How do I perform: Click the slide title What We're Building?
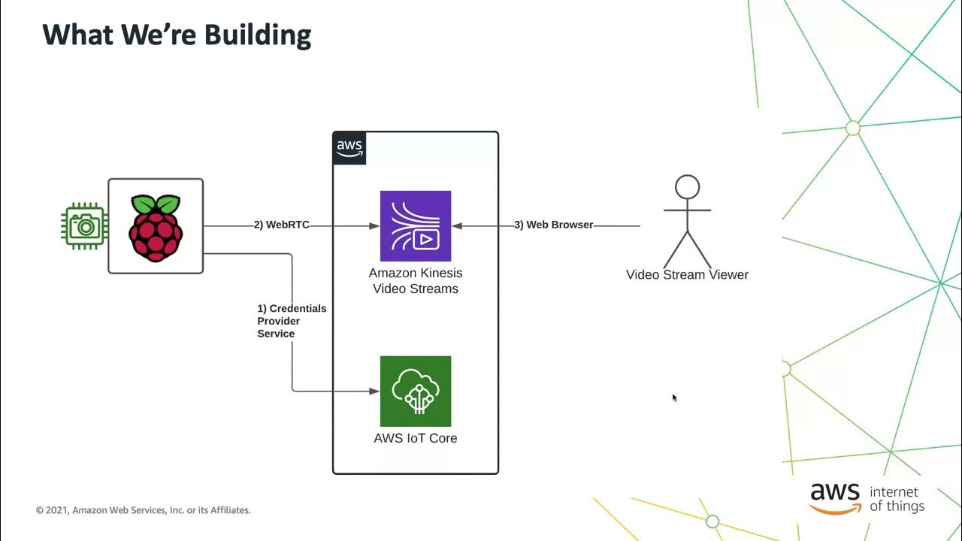click(177, 35)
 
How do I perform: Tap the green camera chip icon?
click(83, 225)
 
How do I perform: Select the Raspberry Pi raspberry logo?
click(156, 227)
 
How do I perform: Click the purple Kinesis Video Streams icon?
click(416, 225)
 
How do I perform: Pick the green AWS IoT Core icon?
click(416, 391)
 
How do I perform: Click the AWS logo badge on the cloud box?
click(349, 148)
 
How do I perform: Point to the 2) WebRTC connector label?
click(281, 225)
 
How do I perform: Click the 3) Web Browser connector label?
click(553, 225)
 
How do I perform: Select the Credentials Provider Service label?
click(292, 321)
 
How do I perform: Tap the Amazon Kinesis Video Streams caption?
click(416, 281)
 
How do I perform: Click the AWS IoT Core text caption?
click(416, 438)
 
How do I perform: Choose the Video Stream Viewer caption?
click(687, 275)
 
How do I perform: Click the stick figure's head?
click(687, 187)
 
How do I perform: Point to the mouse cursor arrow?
click(674, 397)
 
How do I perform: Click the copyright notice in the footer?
click(144, 510)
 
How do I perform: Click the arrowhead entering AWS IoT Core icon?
click(374, 391)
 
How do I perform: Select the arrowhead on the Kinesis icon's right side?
click(457, 225)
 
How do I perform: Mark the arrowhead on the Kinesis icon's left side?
click(374, 225)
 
